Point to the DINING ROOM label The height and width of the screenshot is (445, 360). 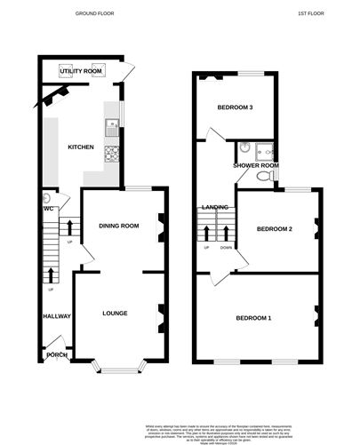[x=118, y=226]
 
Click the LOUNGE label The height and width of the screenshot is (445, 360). [x=115, y=313]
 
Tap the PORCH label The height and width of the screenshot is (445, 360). [x=56, y=355]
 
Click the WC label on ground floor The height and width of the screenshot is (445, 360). [x=48, y=210]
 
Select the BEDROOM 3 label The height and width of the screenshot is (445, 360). [x=236, y=108]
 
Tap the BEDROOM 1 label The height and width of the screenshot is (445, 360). [x=254, y=317]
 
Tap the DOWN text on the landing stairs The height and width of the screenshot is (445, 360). [x=225, y=248]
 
